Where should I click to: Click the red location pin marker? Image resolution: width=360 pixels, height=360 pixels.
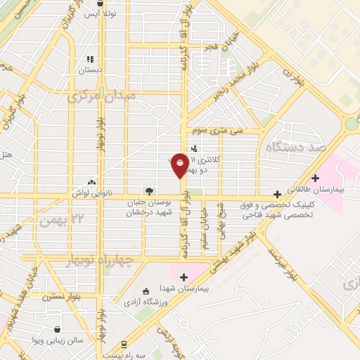coord(181,165)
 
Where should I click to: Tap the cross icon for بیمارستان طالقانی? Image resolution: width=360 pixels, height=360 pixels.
coord(316,178)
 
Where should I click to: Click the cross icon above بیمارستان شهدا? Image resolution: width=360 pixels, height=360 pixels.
coord(184,278)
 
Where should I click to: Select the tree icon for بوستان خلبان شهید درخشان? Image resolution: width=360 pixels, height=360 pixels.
coord(148,190)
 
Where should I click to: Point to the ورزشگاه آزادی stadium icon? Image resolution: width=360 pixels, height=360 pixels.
coord(146,292)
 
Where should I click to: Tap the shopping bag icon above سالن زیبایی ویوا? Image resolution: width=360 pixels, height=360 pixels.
coord(56,329)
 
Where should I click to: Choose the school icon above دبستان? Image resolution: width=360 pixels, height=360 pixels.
coord(89,60)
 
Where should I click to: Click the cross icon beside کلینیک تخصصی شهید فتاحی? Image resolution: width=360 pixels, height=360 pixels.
coord(279,193)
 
